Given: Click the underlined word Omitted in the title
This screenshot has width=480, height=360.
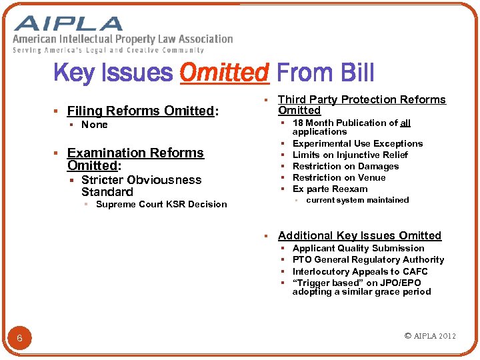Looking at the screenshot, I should point(225,72).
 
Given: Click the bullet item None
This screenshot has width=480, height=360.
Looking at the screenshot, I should point(94,125).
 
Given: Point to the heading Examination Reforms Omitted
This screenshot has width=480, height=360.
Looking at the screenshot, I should point(135,159).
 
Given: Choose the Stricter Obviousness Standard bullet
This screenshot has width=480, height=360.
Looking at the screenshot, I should point(141,185).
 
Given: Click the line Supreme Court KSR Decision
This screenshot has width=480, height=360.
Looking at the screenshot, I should point(161,204).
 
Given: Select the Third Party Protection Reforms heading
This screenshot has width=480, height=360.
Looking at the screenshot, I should point(361,105).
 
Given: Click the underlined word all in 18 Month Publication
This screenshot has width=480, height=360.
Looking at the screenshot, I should point(405,123).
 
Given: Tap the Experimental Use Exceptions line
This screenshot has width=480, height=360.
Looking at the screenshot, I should point(357,143).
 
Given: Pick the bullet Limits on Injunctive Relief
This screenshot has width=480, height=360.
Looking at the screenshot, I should point(350,155).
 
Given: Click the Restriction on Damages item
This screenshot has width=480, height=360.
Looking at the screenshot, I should point(345,166).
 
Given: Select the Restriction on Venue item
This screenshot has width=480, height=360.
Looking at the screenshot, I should point(339,177).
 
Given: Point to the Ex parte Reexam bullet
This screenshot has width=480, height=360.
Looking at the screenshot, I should point(329,189).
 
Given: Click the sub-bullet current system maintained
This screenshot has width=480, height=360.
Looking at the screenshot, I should point(357,200).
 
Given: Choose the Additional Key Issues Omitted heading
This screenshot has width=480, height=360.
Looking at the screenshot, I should point(359,235).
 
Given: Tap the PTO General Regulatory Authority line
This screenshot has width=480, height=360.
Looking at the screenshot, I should point(368,259).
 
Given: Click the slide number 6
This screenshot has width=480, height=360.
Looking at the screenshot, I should point(19,339).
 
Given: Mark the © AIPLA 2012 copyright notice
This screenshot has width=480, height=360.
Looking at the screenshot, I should point(430,336).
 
